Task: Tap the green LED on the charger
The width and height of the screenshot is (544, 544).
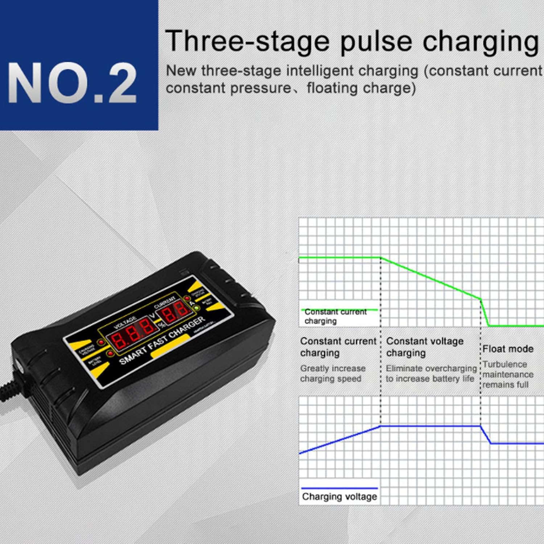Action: [x=197, y=308]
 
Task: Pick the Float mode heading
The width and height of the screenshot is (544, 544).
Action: [x=508, y=349]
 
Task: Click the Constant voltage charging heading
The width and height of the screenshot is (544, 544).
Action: [x=424, y=347]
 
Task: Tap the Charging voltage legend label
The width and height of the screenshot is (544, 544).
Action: [x=339, y=496]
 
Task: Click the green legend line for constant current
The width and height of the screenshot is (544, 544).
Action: [x=339, y=310]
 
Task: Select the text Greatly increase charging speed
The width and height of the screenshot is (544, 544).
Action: [x=332, y=373]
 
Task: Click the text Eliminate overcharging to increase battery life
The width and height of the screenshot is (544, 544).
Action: [x=430, y=373]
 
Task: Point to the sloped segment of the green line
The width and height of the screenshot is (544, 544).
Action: [x=431, y=278]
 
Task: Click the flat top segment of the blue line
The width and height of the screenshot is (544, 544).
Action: [x=430, y=426]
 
